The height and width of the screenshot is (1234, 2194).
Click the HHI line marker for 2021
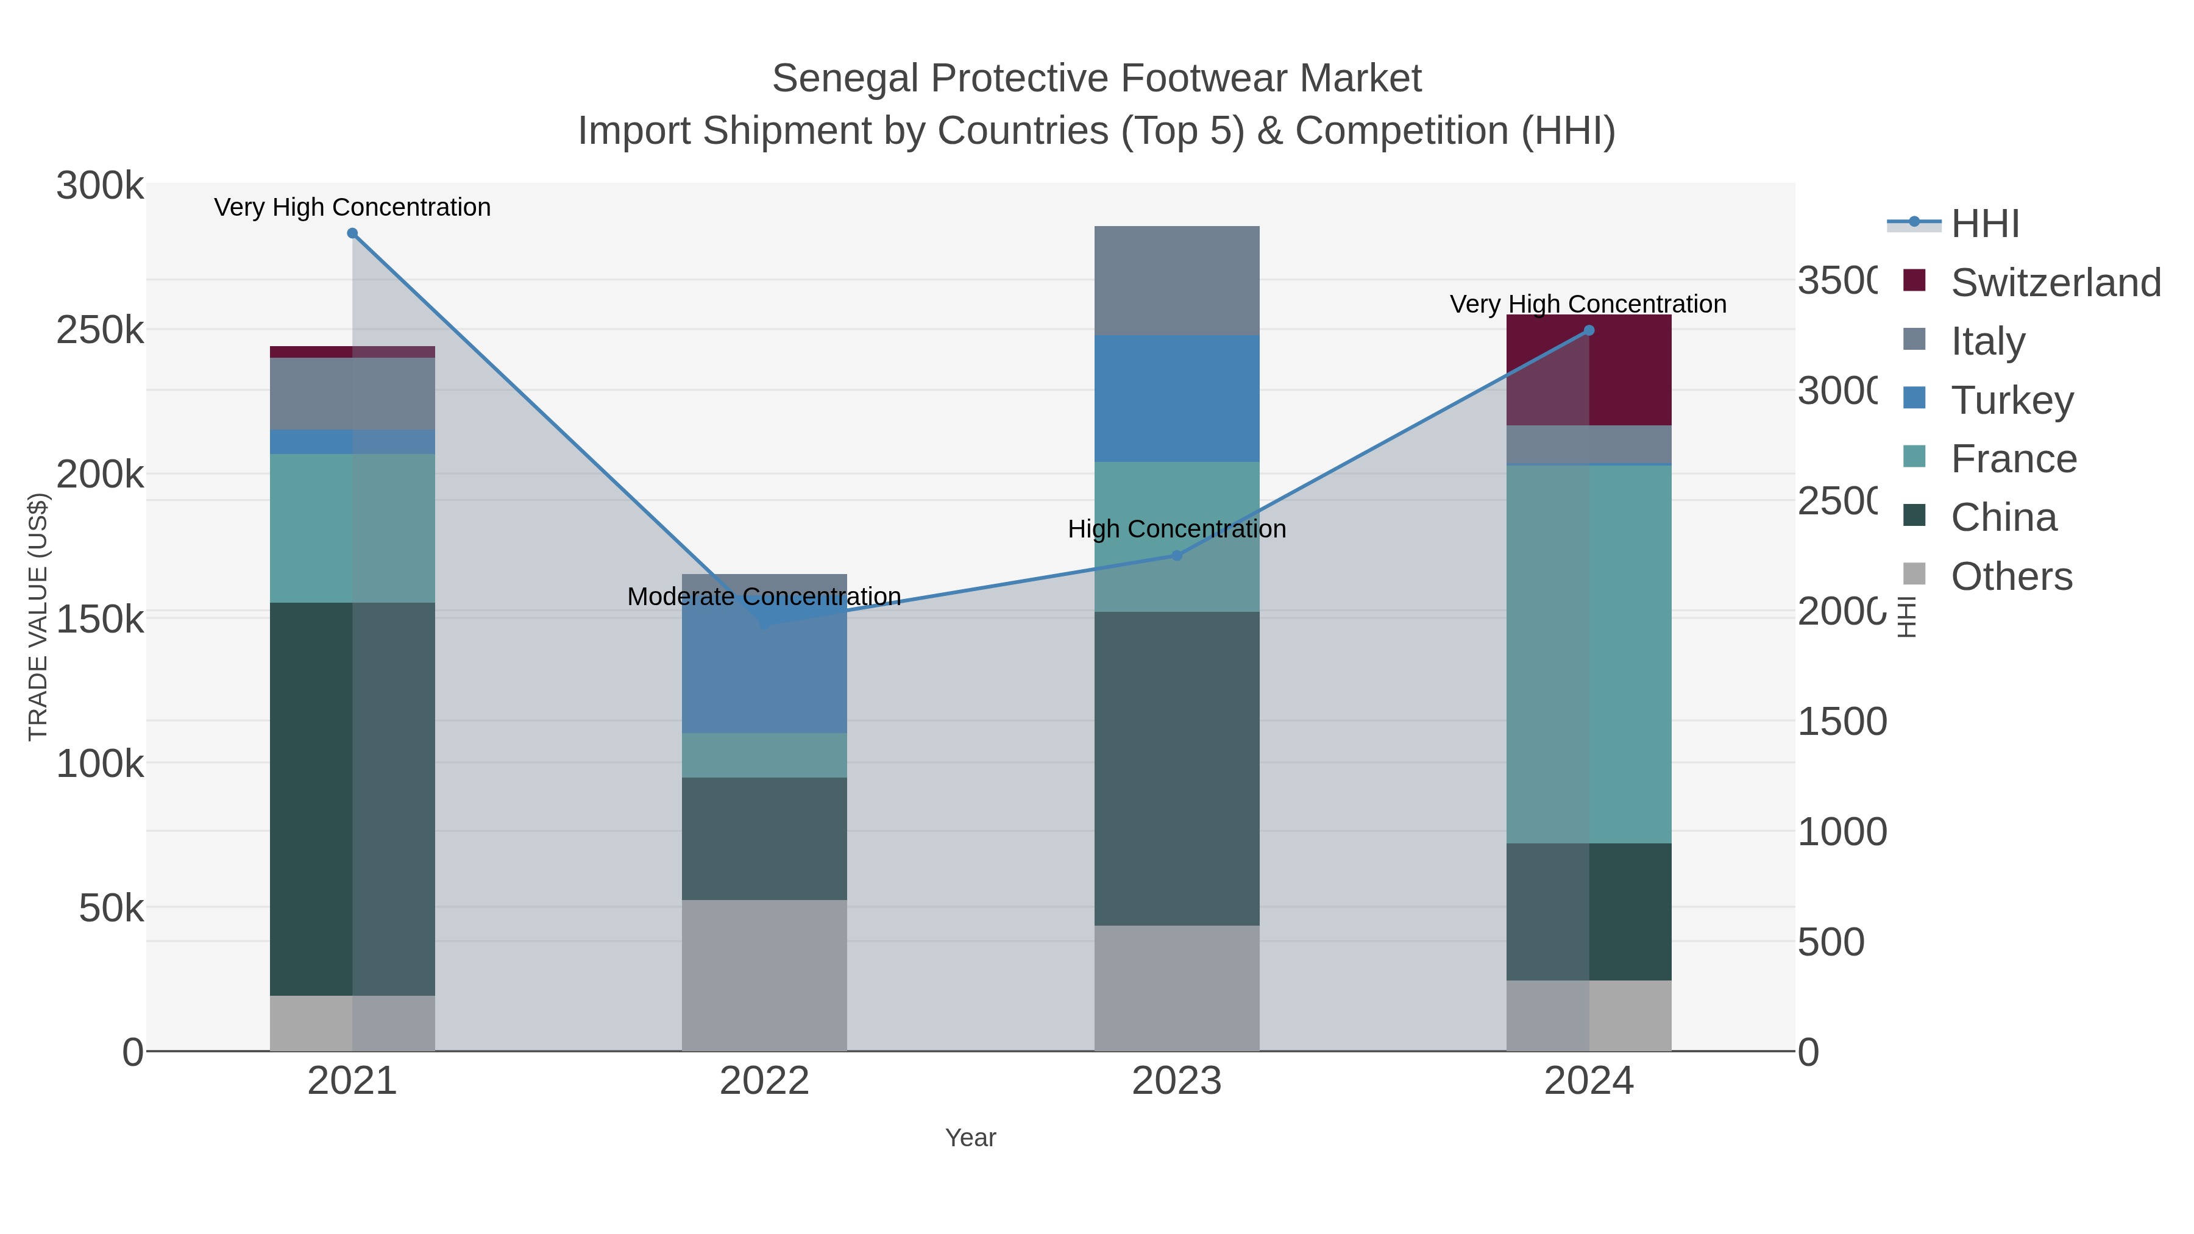pyautogui.click(x=352, y=233)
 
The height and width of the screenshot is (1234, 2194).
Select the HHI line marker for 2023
pyautogui.click(x=1176, y=555)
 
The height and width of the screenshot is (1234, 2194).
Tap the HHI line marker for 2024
pyautogui.click(x=1588, y=330)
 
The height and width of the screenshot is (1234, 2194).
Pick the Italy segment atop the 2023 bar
pyautogui.click(x=1176, y=281)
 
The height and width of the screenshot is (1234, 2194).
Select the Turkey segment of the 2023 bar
pyautogui.click(x=1176, y=399)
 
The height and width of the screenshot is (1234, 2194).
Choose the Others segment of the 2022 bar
pyautogui.click(x=764, y=975)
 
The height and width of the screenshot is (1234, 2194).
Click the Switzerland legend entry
pyautogui.click(x=2055, y=283)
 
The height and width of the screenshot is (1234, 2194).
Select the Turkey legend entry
pyautogui.click(x=2012, y=400)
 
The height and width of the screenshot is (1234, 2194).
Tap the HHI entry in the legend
pyautogui.click(x=1984, y=224)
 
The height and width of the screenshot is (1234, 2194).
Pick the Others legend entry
pyautogui.click(x=2011, y=576)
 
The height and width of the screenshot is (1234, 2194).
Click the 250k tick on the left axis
pyautogui.click(x=100, y=330)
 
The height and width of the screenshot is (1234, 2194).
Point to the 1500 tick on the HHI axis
pyautogui.click(x=1841, y=722)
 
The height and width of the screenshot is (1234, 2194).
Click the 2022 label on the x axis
pyautogui.click(x=764, y=1082)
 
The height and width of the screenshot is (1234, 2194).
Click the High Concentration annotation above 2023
pyautogui.click(x=1176, y=529)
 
